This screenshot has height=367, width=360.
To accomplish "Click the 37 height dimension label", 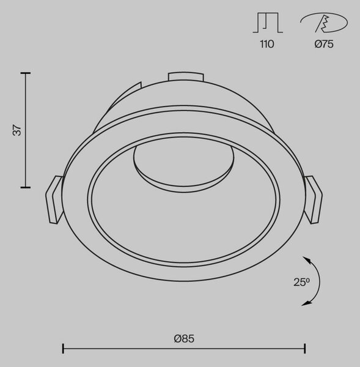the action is [x=17, y=130].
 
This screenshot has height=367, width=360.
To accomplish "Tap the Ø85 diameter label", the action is [x=184, y=339].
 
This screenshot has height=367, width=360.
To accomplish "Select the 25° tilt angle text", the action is [x=301, y=282].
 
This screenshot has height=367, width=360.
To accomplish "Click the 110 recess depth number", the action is [x=267, y=44].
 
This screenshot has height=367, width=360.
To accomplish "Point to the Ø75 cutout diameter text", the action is [x=324, y=44].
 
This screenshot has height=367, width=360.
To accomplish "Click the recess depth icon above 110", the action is [x=268, y=23].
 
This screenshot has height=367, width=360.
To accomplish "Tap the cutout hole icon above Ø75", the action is [x=324, y=23].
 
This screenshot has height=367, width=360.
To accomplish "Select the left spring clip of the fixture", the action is [x=54, y=200].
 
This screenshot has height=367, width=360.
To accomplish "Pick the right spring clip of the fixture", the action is [x=313, y=200].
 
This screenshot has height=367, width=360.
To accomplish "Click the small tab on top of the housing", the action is [x=186, y=77].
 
